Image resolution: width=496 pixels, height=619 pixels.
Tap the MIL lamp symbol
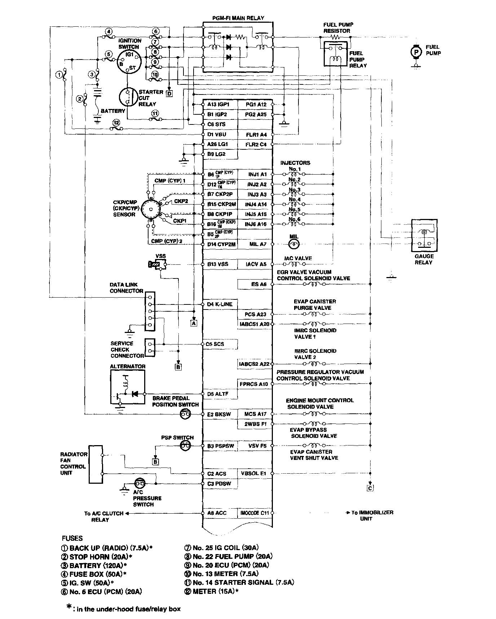click(x=294, y=244)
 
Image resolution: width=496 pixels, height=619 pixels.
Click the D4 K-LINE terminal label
click(x=220, y=304)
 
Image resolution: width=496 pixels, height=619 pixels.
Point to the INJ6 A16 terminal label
click(x=256, y=224)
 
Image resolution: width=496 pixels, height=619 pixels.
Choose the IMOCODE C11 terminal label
click(x=254, y=513)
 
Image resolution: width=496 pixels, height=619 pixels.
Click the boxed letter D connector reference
click(x=169, y=94)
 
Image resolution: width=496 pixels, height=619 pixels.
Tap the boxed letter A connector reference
click(x=194, y=323)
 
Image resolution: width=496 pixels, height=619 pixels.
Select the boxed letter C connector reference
click(x=370, y=488)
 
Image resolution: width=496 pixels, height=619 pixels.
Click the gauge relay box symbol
click(x=424, y=236)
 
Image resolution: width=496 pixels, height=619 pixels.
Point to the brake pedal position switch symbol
click(x=185, y=414)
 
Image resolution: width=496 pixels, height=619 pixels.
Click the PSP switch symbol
click(x=185, y=446)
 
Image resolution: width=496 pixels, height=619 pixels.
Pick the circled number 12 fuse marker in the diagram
click(x=116, y=123)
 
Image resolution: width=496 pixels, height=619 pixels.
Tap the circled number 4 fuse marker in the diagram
click(x=109, y=31)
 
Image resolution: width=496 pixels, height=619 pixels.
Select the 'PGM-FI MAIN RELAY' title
click(x=238, y=18)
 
